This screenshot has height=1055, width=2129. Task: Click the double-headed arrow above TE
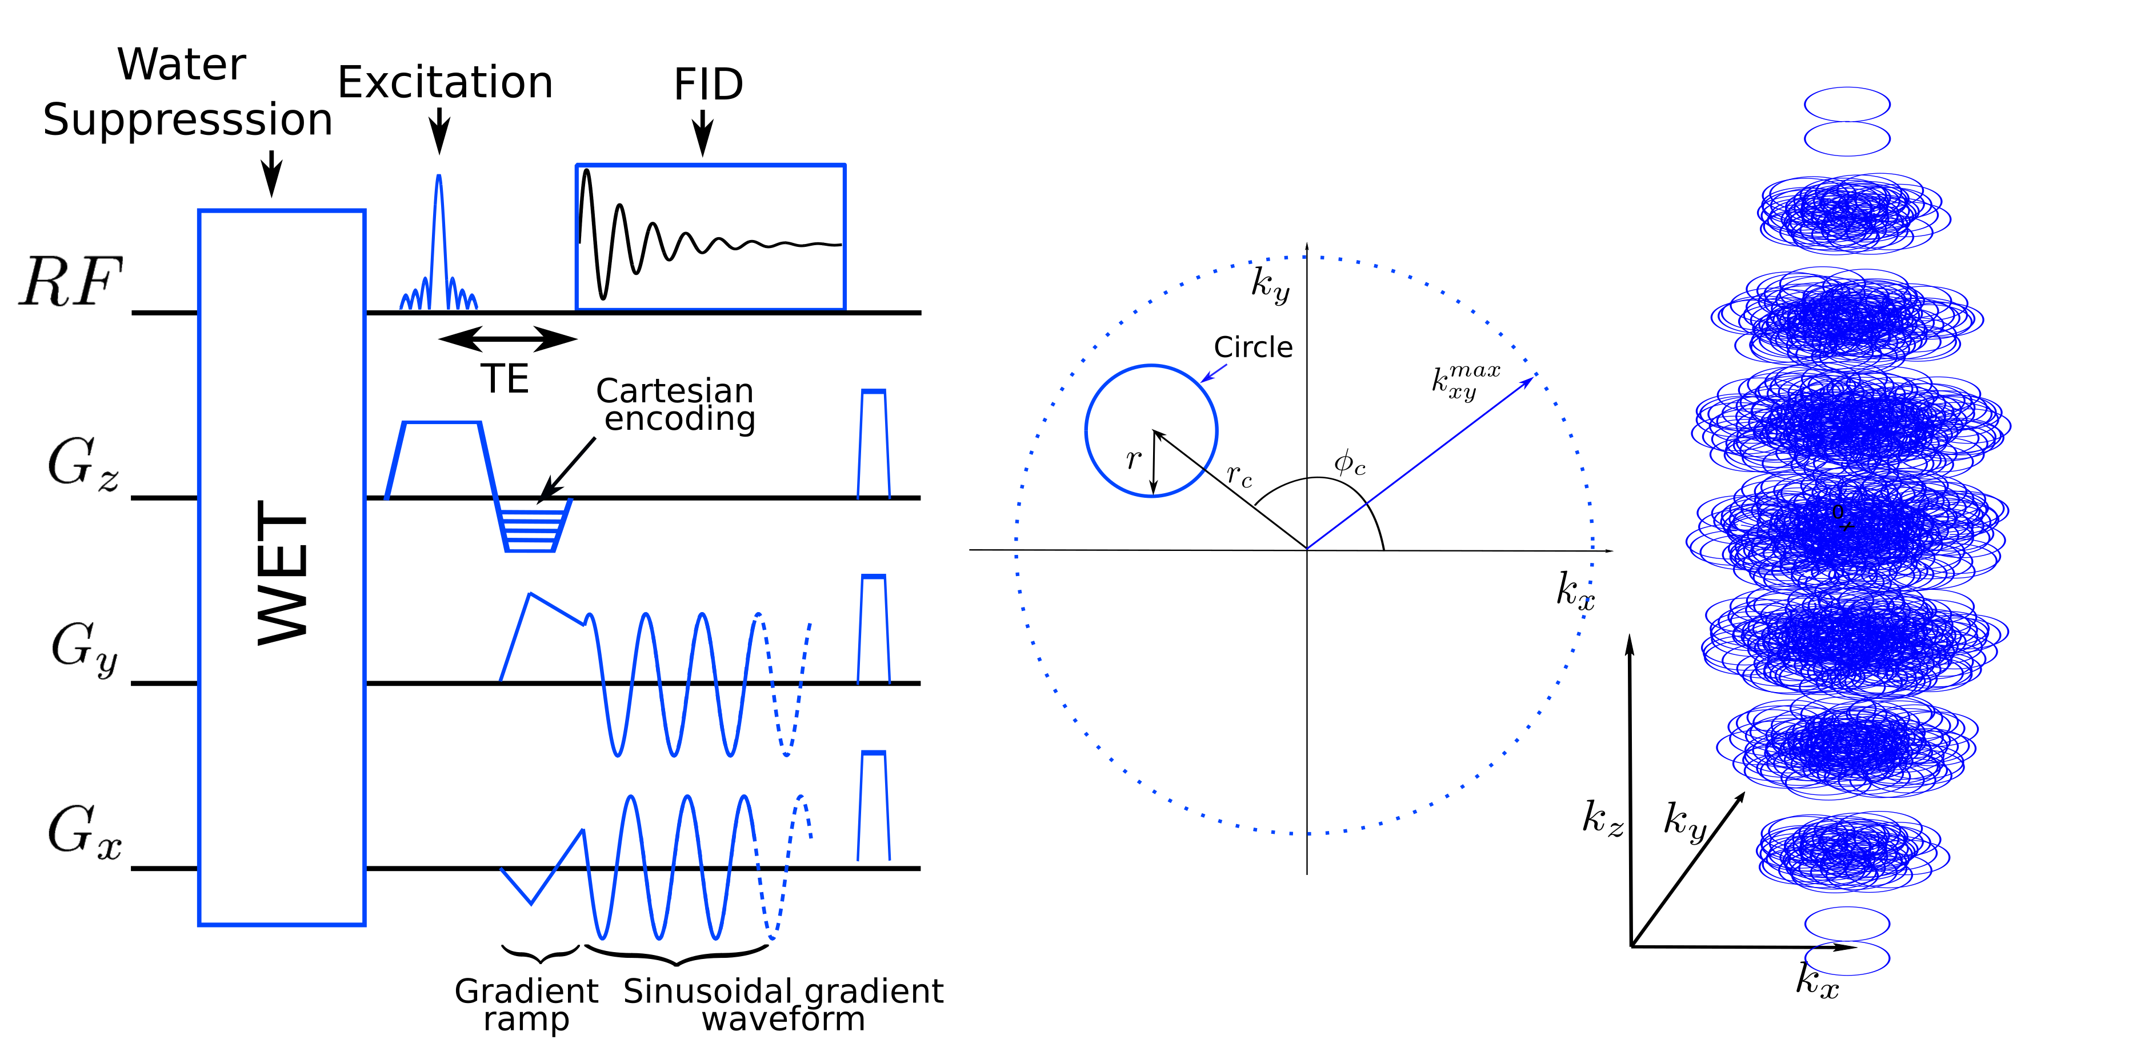[507, 338]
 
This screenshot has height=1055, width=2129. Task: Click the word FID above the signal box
[709, 85]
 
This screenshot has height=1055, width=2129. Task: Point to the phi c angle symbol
[1349, 462]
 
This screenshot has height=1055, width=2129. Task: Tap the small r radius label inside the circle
[1133, 459]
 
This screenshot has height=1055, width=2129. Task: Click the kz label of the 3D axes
[1602, 818]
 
